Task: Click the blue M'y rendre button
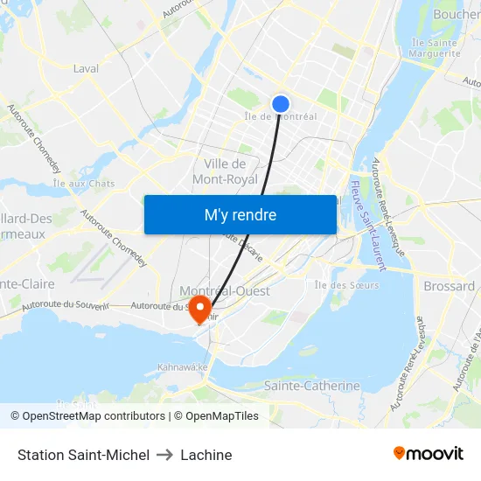240,214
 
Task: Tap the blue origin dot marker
281,104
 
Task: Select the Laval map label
86,68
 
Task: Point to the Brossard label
449,286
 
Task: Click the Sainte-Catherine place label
311,386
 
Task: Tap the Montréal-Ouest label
225,290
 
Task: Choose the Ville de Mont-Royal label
225,171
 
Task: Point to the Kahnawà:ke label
183,367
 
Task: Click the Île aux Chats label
84,184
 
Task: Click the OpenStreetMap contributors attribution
87,416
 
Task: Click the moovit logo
429,453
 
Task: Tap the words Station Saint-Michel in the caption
83,455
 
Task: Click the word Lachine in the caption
206,455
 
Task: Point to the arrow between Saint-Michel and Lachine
164,455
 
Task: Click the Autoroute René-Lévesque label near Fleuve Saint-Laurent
391,206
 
